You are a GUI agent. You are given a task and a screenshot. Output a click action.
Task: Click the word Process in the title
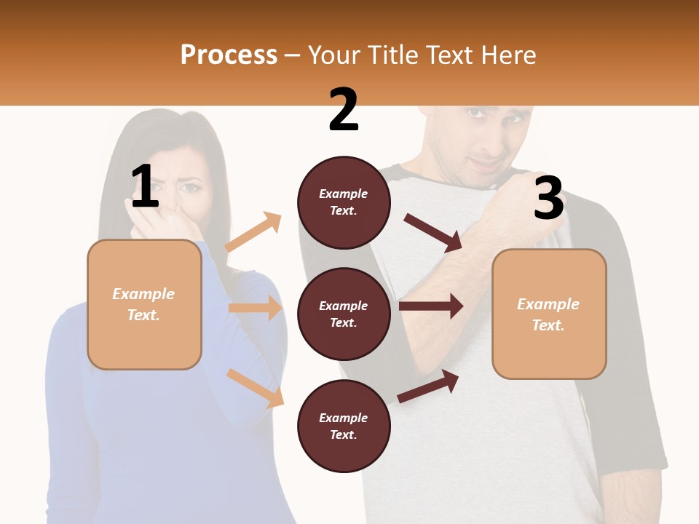tap(229, 55)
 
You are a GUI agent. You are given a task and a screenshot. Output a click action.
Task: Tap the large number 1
tap(145, 186)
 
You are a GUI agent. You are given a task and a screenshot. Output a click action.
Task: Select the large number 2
tap(344, 110)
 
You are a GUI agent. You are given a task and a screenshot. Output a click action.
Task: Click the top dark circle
tap(344, 202)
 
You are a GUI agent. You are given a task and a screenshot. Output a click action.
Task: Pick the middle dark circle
tap(344, 314)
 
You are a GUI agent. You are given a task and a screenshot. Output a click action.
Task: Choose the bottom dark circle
tap(344, 426)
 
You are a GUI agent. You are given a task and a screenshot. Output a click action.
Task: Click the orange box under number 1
tap(144, 304)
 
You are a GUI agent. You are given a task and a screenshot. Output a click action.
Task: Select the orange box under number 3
tap(549, 314)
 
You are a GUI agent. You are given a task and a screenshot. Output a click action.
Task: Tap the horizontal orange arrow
tap(255, 308)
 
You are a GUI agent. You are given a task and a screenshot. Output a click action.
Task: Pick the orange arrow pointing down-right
tap(255, 387)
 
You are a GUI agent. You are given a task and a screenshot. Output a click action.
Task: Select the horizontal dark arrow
tap(431, 306)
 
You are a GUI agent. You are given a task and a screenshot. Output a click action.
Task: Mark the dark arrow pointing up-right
tap(429, 386)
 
